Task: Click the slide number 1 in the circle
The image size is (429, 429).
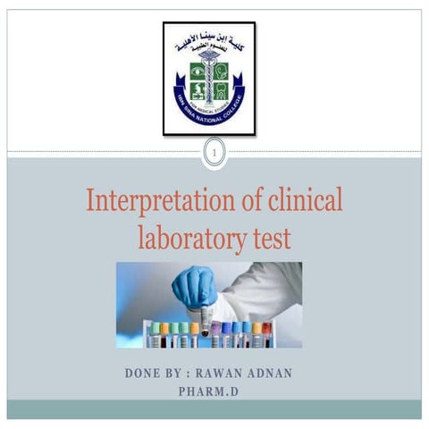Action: [x=214, y=156]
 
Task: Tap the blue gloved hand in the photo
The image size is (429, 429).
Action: [x=193, y=286]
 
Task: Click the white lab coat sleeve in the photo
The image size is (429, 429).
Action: [x=259, y=286]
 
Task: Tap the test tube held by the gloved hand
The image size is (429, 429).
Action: [x=205, y=318]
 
